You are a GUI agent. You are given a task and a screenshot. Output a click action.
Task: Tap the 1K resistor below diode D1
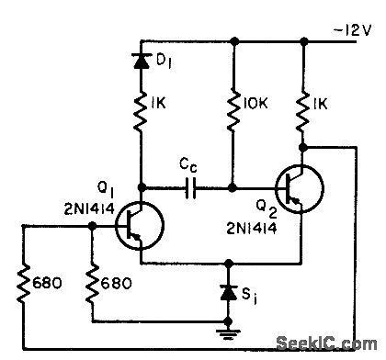(141, 112)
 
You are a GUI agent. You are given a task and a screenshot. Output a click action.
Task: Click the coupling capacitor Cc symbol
(191, 189)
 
